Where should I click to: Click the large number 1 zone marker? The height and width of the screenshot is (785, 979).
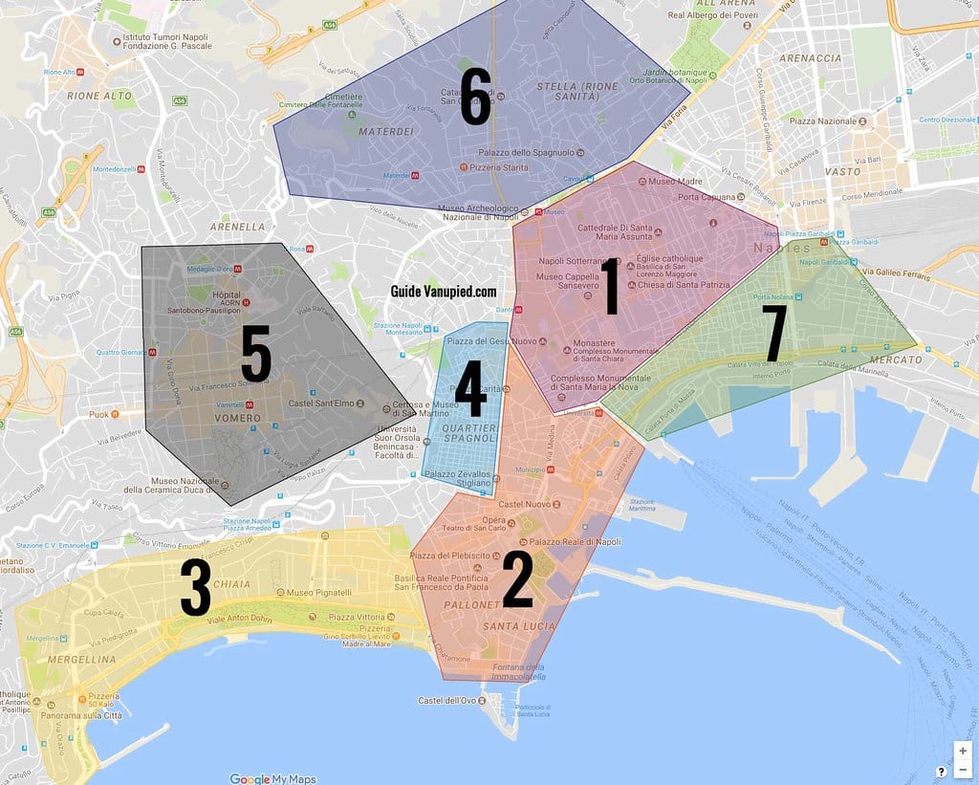(x=608, y=286)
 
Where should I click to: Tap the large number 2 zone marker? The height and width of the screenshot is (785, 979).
(x=517, y=579)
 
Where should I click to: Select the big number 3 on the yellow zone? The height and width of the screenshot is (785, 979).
(x=195, y=587)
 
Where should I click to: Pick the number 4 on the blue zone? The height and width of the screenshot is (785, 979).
(x=469, y=388)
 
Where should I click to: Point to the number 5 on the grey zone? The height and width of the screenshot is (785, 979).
(x=256, y=355)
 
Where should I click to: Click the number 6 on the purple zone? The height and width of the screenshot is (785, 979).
(x=475, y=98)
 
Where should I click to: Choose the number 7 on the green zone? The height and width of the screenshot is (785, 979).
(x=773, y=334)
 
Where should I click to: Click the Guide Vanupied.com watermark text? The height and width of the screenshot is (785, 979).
(x=444, y=291)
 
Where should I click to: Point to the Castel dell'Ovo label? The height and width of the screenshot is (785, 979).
(x=447, y=701)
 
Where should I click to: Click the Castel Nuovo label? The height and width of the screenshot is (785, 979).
(x=521, y=504)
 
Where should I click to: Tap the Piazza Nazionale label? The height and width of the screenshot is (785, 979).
(x=821, y=121)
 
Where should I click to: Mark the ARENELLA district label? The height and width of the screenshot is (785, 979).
(x=240, y=227)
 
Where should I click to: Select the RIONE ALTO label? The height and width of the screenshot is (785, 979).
(x=99, y=96)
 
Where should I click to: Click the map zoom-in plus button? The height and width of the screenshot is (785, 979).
(x=963, y=751)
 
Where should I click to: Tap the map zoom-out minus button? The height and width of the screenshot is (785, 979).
(x=963, y=769)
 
